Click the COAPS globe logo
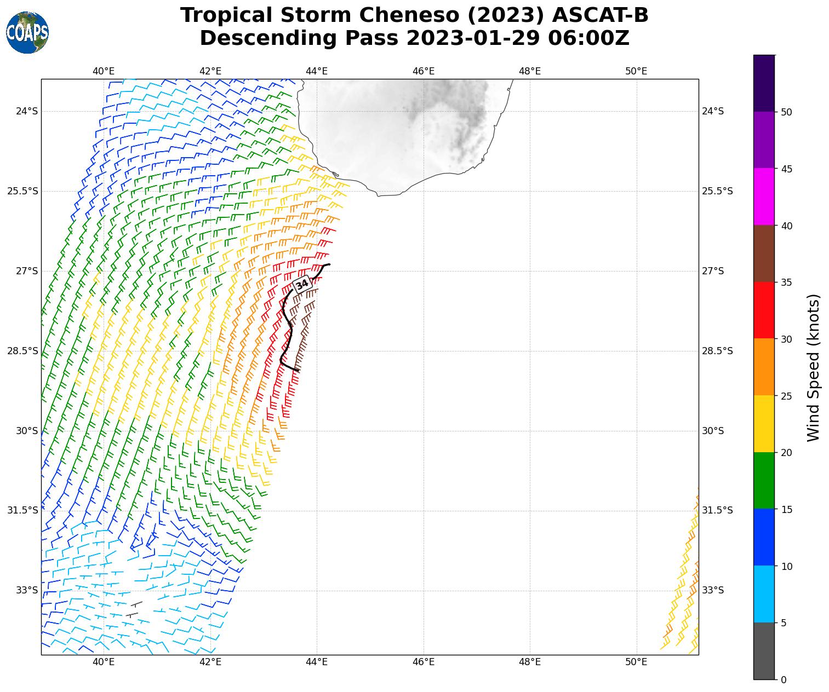(27, 32)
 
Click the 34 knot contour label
(302, 285)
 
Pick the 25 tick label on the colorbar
(786, 396)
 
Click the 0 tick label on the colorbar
(784, 679)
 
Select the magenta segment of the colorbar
(764, 197)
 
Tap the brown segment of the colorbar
(764, 253)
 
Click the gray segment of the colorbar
(764, 651)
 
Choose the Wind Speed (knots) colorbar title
(814, 367)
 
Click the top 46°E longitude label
(424, 71)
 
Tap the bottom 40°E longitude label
(104, 662)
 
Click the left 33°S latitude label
(27, 590)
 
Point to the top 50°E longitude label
(636, 71)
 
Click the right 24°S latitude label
(713, 111)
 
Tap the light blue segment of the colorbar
(764, 594)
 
